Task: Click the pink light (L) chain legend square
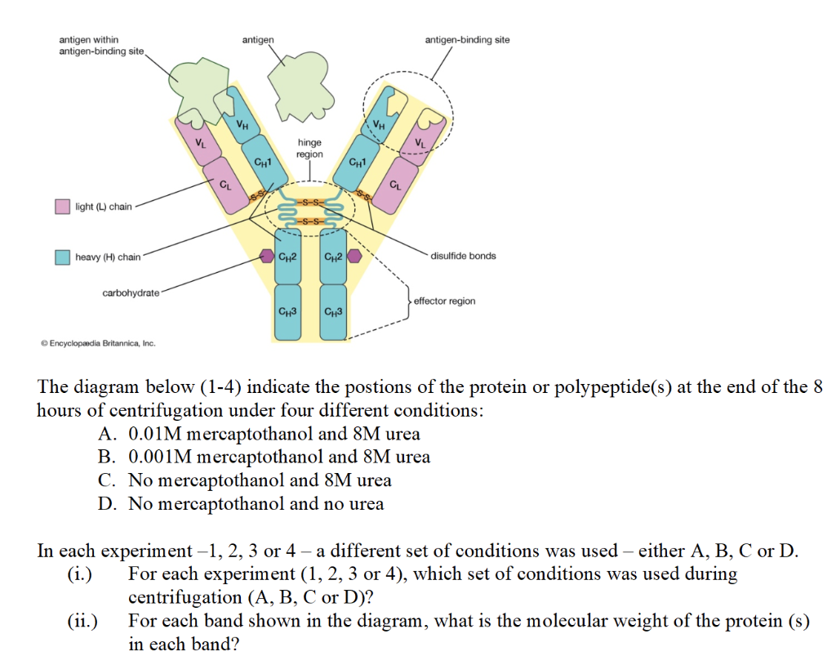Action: point(62,207)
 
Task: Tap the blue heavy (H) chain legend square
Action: point(62,257)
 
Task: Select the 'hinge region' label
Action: point(309,148)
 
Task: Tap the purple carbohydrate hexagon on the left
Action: point(266,257)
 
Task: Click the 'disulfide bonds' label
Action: point(463,256)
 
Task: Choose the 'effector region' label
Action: point(444,301)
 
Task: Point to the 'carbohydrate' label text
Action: point(131,292)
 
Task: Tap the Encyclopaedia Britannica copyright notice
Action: point(97,343)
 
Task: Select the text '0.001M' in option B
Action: point(161,457)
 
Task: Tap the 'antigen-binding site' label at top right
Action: point(467,39)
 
